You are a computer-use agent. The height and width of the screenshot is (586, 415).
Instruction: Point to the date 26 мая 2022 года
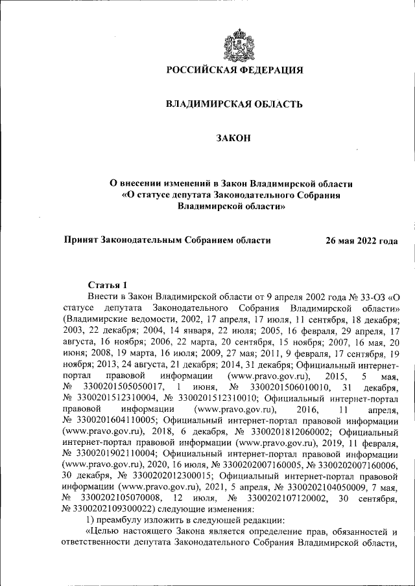coord(362,240)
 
